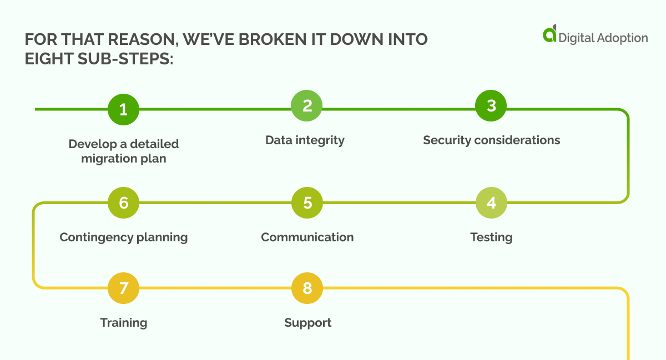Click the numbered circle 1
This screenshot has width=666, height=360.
click(123, 109)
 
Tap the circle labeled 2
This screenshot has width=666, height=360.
click(307, 105)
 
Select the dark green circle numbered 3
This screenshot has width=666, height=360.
click(491, 105)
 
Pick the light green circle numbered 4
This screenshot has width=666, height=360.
click(491, 202)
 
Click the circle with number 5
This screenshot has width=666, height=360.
click(307, 202)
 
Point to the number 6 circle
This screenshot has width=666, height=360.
click(123, 202)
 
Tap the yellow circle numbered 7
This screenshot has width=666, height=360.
click(123, 288)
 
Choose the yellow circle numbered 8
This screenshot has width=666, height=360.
click(307, 288)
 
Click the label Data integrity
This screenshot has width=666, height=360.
click(305, 140)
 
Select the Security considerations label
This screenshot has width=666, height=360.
click(491, 140)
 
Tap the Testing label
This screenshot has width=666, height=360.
click(491, 237)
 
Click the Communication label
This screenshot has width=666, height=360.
click(307, 237)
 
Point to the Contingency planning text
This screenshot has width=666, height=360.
click(123, 237)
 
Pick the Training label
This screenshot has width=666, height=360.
click(123, 323)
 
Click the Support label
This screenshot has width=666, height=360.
click(307, 323)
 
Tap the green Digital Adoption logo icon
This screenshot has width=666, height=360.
click(549, 34)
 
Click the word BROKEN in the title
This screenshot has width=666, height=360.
click(258, 40)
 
